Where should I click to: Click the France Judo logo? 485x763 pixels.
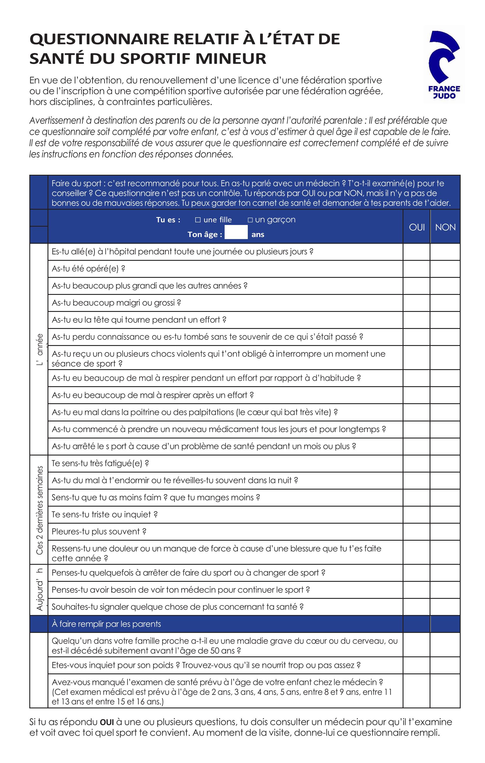pyautogui.click(x=444, y=65)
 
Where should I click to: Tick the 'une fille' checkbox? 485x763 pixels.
pyautogui.click(x=198, y=220)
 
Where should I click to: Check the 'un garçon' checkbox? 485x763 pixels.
pyautogui.click(x=250, y=220)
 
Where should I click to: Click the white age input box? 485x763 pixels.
pyautogui.click(x=236, y=232)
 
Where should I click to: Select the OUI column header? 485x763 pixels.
pyautogui.click(x=417, y=227)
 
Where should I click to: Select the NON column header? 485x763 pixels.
pyautogui.click(x=445, y=227)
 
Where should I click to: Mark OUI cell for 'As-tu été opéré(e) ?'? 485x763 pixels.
pyautogui.click(x=416, y=269)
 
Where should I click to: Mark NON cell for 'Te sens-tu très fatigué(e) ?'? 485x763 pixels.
pyautogui.click(x=445, y=463)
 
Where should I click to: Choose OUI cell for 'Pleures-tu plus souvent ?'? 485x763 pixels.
pyautogui.click(x=416, y=532)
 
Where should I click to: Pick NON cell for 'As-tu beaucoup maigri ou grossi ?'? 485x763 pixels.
pyautogui.click(x=445, y=303)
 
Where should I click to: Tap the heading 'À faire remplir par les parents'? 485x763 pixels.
pyautogui.click(x=106, y=624)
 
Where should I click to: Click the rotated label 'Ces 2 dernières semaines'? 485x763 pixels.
pyautogui.click(x=40, y=510)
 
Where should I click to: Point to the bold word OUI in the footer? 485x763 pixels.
pyautogui.click(x=107, y=722)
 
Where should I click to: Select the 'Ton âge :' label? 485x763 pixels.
pyautogui.click(x=205, y=234)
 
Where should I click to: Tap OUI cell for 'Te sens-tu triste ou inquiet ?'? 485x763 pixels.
pyautogui.click(x=416, y=515)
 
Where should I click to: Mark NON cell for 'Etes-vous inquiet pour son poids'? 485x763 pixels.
pyautogui.click(x=445, y=665)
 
